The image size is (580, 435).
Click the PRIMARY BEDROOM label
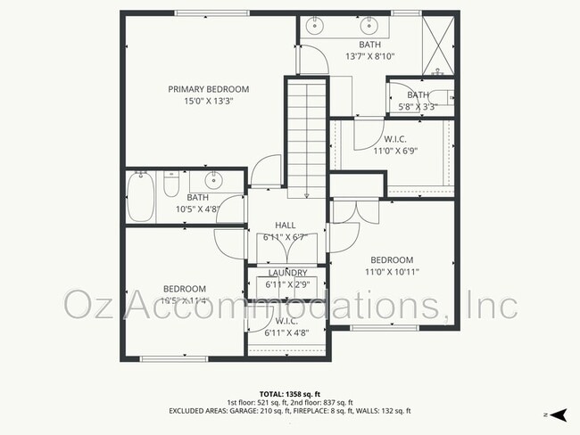(x=209, y=89)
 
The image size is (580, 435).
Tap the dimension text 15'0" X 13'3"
(x=209, y=101)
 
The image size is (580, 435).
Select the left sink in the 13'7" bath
(x=315, y=26)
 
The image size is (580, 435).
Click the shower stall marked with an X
(x=437, y=42)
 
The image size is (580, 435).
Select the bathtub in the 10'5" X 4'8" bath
(x=141, y=197)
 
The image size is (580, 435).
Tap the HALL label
(x=285, y=226)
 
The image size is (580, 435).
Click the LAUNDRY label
(x=288, y=273)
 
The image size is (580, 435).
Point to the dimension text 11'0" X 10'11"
(x=394, y=272)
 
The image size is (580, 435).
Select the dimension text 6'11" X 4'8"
(x=286, y=332)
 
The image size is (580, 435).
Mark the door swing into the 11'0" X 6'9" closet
(x=365, y=134)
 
